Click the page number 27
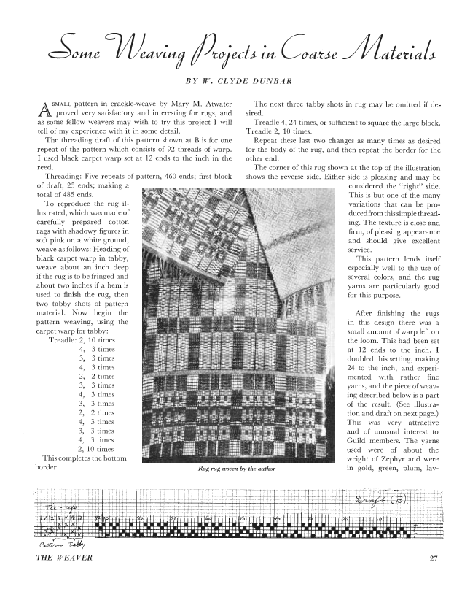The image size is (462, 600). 433,560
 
